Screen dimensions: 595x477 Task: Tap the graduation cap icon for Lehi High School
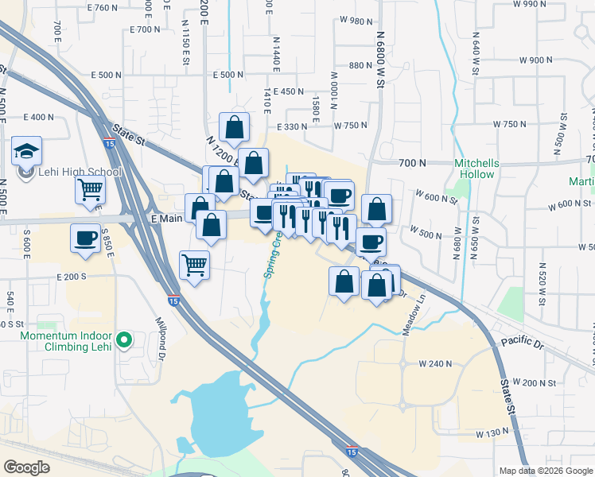[x=26, y=150]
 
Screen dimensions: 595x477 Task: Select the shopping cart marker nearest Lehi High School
[x=90, y=190]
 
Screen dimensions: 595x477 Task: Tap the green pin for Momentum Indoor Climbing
[x=123, y=340]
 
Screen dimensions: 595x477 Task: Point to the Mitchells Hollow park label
[x=475, y=169]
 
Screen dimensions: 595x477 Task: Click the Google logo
[x=26, y=467]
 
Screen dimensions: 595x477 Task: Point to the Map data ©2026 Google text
[x=545, y=471]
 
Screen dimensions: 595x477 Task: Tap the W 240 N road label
[x=434, y=363]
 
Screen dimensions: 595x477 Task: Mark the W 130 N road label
[x=492, y=433]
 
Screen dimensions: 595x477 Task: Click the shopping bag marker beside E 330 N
[x=235, y=126]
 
